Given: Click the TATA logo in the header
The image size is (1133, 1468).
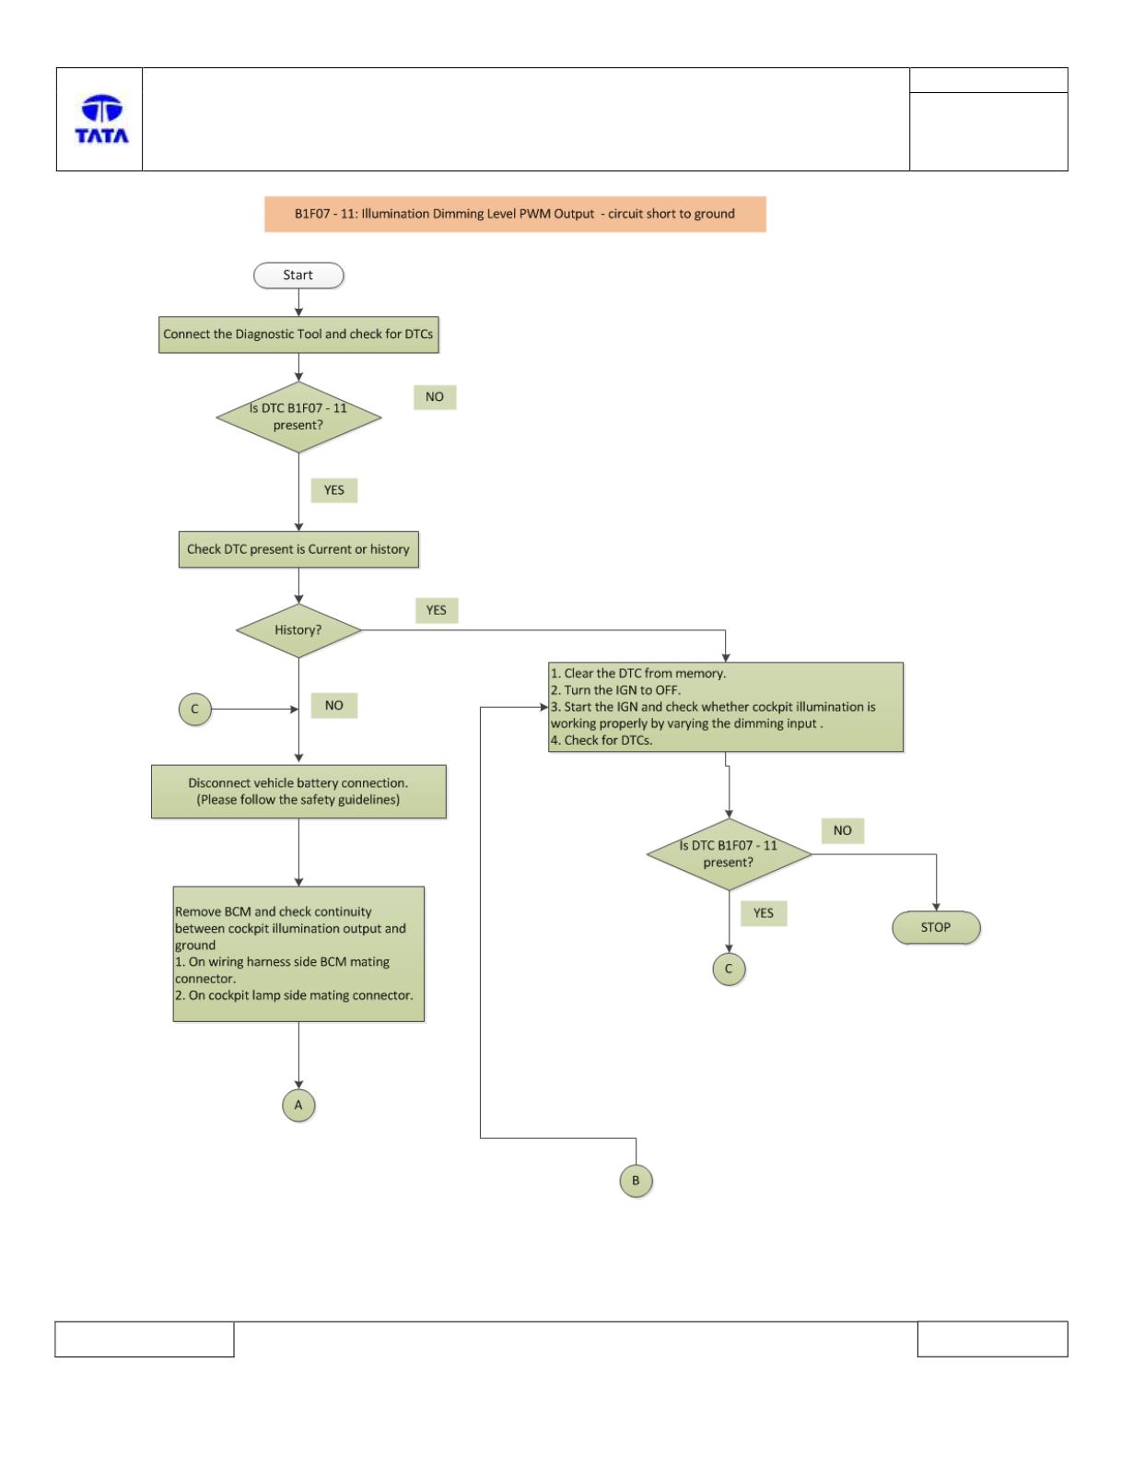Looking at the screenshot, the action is tap(101, 119).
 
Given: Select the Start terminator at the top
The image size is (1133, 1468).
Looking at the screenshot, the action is tap(298, 275).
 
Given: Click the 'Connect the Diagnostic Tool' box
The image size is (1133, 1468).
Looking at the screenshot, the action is tap(298, 335).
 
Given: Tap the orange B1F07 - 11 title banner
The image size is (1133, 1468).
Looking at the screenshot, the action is tap(515, 214).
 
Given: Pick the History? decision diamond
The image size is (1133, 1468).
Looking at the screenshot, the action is tap(298, 629).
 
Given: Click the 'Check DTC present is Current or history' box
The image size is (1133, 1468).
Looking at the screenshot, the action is tap(298, 549).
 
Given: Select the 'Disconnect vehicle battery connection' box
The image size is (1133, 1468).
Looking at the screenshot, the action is tap(298, 791).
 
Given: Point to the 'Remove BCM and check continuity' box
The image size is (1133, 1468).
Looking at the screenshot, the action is tap(298, 953).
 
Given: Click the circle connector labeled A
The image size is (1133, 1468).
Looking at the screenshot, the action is tap(298, 1105).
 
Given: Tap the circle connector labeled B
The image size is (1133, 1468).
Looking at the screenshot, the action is tap(636, 1180).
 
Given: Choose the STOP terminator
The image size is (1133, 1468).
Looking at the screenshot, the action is tap(936, 928).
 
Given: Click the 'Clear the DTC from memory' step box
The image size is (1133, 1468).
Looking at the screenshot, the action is tap(725, 707).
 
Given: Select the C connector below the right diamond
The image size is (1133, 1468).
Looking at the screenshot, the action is tap(729, 969).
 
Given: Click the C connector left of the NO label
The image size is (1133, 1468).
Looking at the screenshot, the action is tap(194, 709).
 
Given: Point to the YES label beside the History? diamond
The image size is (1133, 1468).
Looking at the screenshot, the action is tap(437, 610).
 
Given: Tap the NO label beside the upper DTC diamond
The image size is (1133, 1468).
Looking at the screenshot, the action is tap(435, 397).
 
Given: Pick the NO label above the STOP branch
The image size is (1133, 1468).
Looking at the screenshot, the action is tap(843, 830).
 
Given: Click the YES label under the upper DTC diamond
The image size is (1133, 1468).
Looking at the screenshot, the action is tap(333, 489).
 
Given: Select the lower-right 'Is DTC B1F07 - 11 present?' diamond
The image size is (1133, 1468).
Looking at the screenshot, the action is tap(729, 854).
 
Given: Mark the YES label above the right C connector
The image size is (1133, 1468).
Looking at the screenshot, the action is tap(764, 913).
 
